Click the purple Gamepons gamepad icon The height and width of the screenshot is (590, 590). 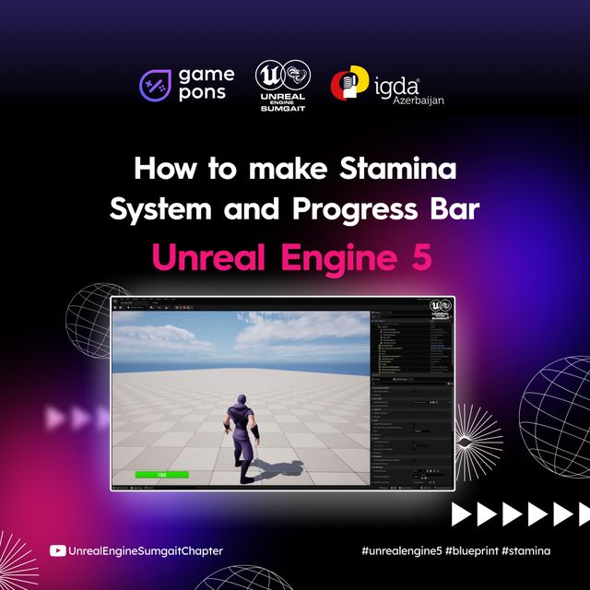(x=153, y=86)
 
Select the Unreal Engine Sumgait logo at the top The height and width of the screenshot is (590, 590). (x=283, y=86)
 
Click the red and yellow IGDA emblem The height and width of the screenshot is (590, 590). (x=347, y=86)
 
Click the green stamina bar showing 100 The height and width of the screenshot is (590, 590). (x=161, y=475)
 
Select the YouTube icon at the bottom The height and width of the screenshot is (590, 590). (x=57, y=551)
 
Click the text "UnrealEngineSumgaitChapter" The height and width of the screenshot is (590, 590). (x=146, y=551)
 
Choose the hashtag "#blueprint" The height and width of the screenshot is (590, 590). (x=471, y=551)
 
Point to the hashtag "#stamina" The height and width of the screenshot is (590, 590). (x=526, y=551)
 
